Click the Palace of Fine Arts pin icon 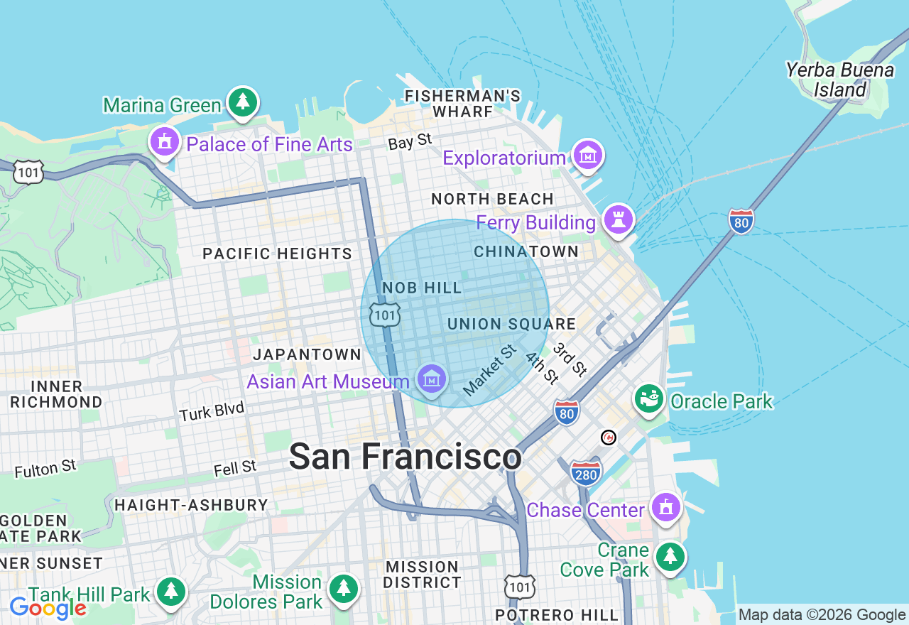tap(165, 142)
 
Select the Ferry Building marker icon tap(617, 219)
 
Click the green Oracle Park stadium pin tap(648, 399)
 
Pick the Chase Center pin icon tap(665, 508)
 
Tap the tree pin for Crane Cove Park tap(670, 557)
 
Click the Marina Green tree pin tap(243, 103)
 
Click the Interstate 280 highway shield tap(586, 474)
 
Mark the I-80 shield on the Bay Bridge tap(741, 221)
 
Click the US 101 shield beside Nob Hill tap(384, 314)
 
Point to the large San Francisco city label tap(405, 457)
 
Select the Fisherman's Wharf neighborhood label tap(462, 104)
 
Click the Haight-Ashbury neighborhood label tap(191, 505)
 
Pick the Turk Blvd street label tap(212, 411)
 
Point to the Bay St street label tap(410, 141)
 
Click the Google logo tap(48, 608)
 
